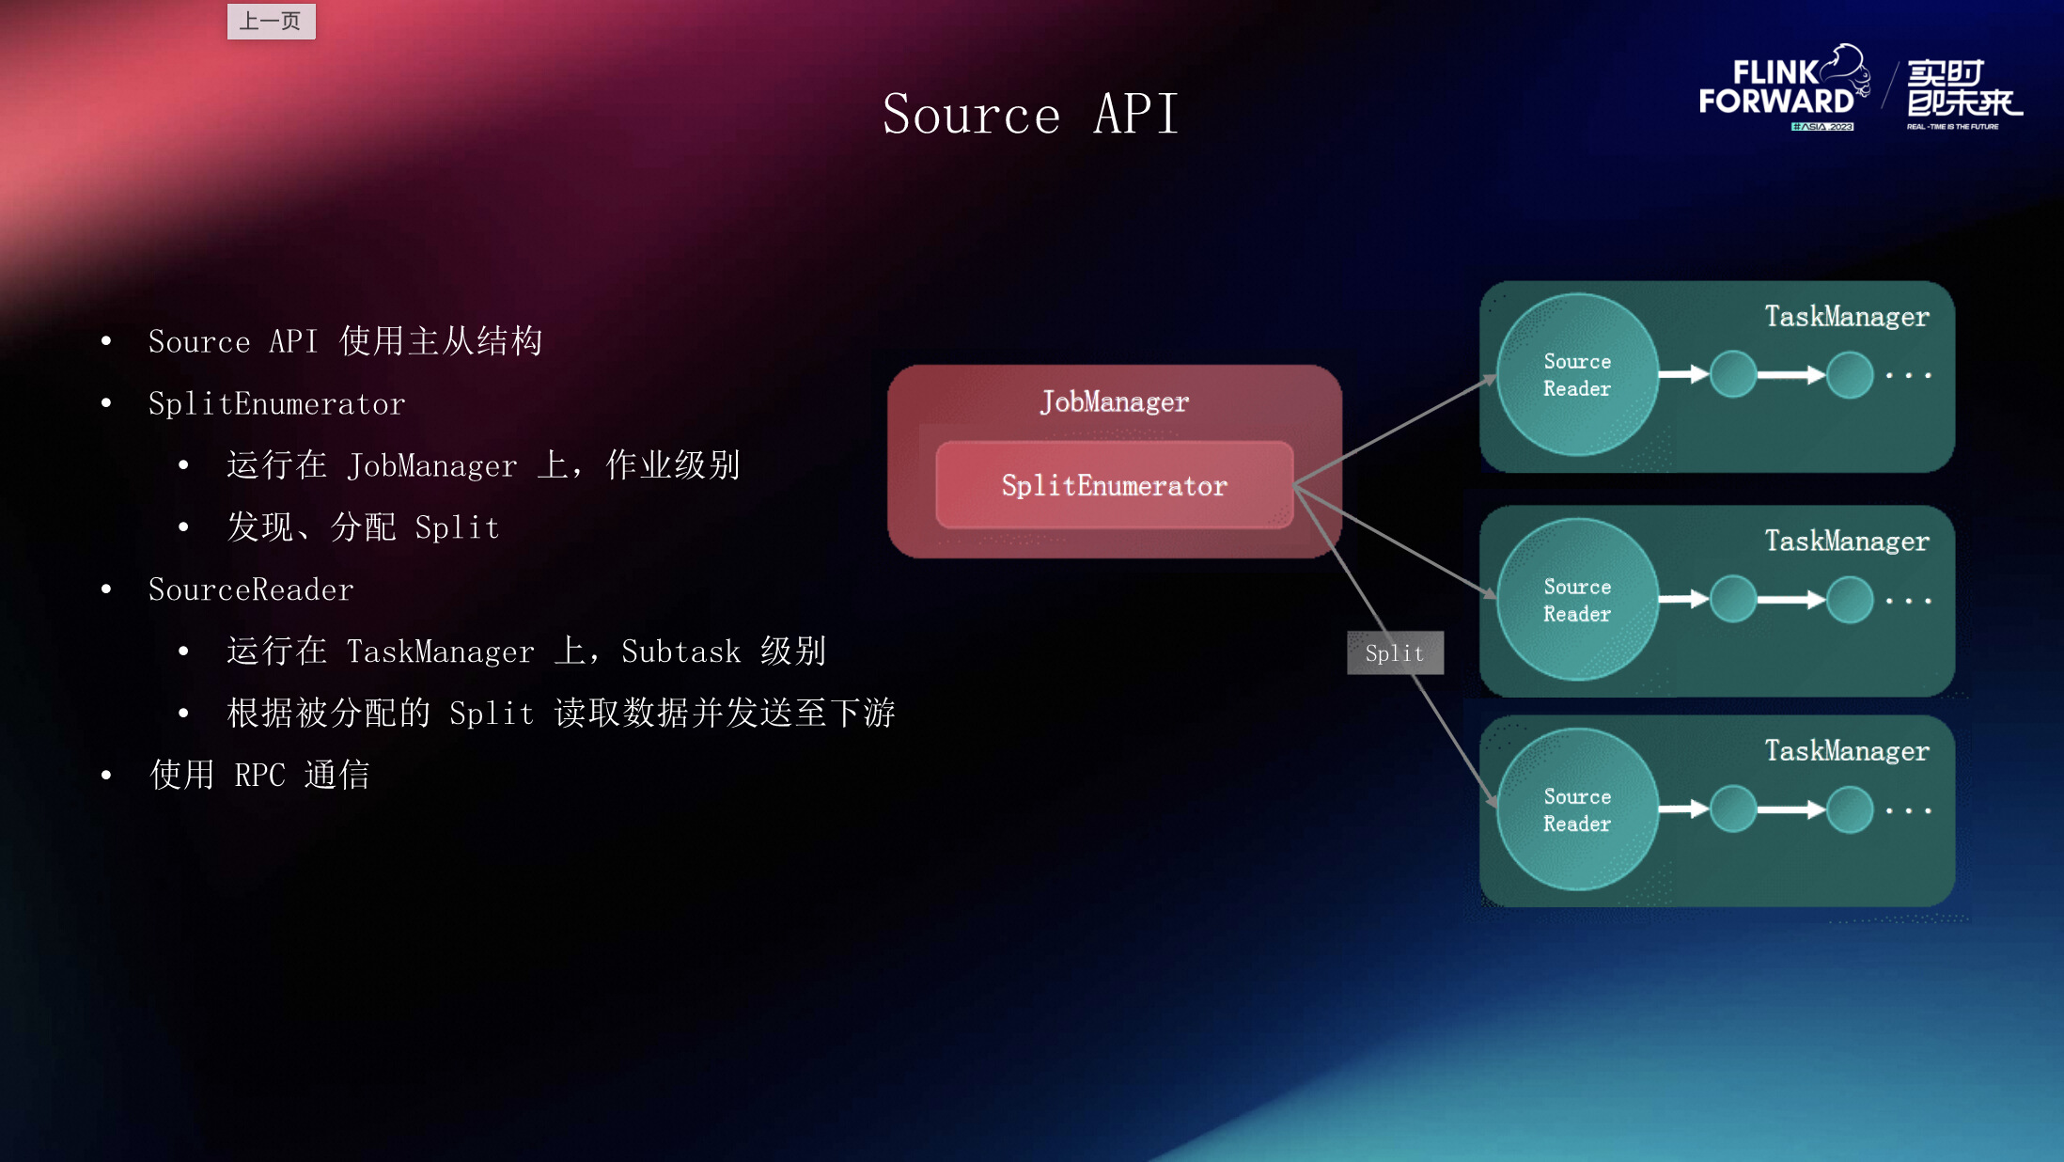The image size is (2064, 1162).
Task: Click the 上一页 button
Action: tap(271, 21)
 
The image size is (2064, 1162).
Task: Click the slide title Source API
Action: tap(1030, 115)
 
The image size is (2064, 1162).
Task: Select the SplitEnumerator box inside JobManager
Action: tap(1114, 485)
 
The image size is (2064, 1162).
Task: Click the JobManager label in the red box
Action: tap(1114, 402)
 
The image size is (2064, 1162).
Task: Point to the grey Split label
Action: tap(1395, 653)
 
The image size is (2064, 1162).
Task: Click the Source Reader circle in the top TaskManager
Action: tap(1577, 375)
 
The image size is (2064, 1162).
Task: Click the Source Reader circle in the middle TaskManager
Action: tap(1577, 600)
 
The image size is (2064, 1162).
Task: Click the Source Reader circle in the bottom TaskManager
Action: tap(1577, 809)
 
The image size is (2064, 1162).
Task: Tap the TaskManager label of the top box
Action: tap(1846, 317)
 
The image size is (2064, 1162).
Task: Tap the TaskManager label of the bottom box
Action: tap(1846, 751)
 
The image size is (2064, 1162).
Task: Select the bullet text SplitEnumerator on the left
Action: tap(276, 404)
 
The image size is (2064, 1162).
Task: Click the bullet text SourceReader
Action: tap(251, 590)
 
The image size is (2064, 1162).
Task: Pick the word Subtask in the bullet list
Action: tap(680, 652)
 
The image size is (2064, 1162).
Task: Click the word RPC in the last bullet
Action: tap(259, 776)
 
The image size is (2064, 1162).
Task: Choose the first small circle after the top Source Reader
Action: tap(1733, 374)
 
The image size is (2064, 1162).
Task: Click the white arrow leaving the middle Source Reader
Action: tap(1683, 599)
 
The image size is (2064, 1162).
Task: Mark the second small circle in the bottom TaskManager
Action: tap(1850, 809)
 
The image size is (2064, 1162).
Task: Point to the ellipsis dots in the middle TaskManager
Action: tap(1908, 600)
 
